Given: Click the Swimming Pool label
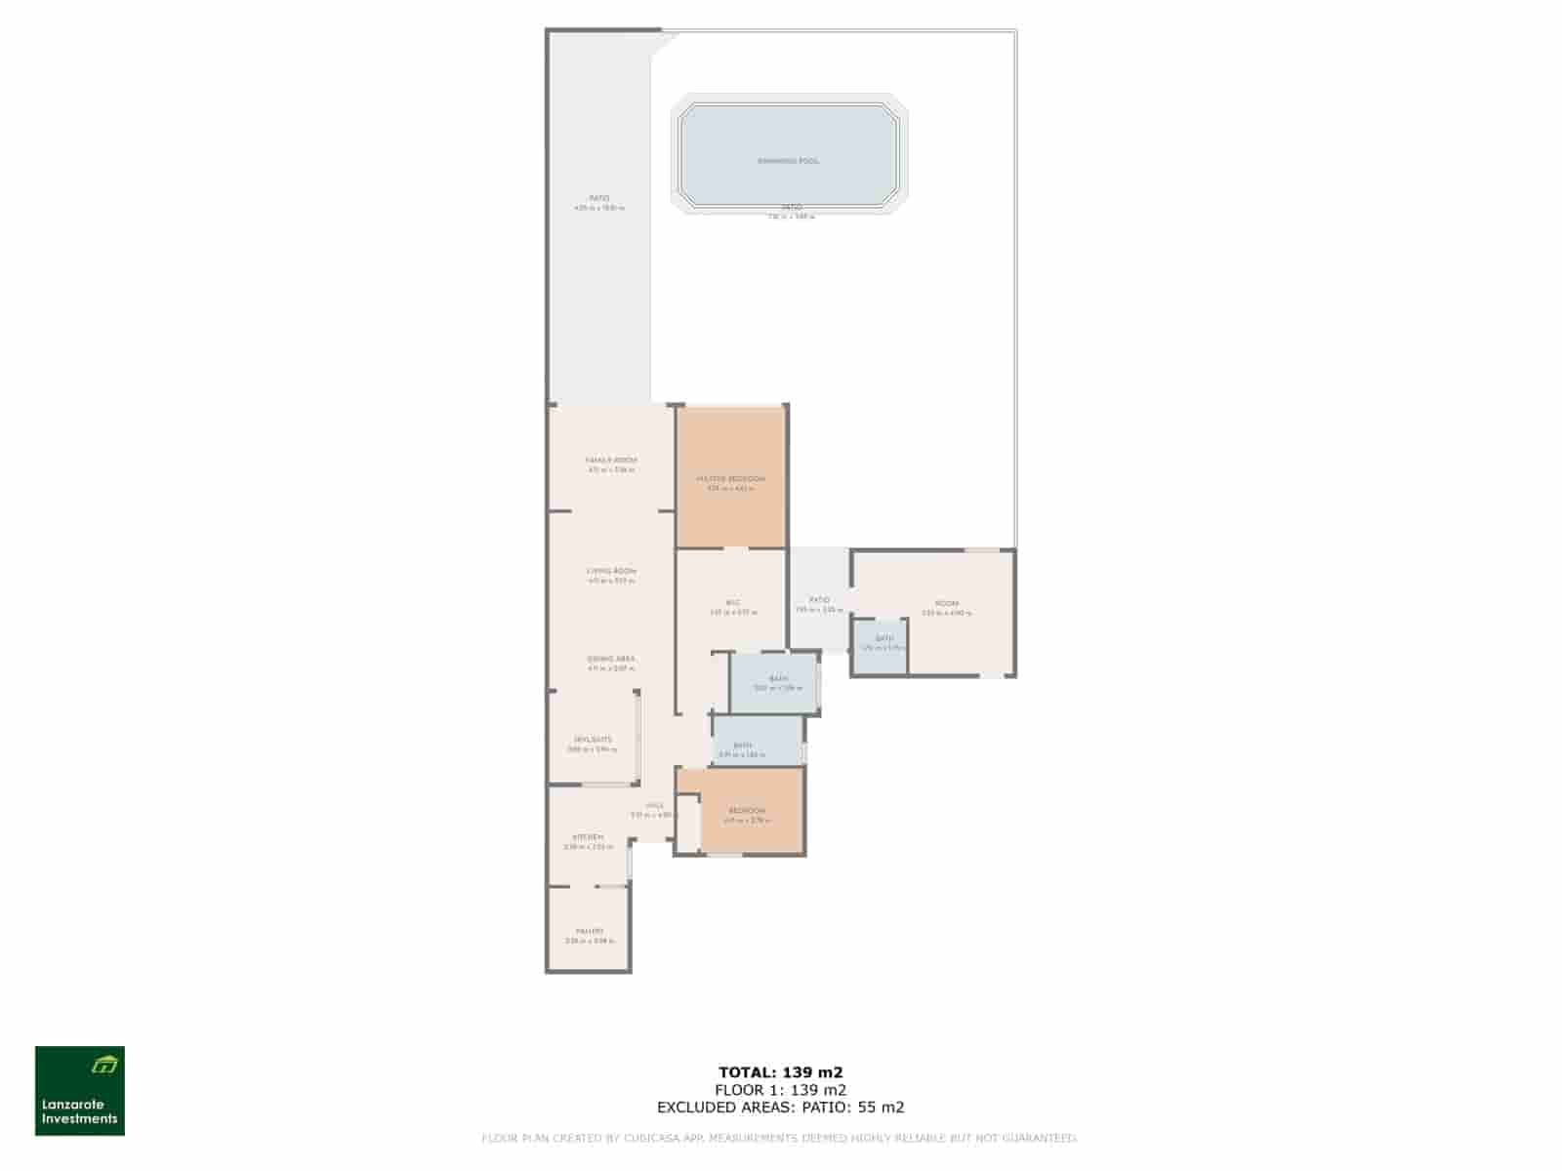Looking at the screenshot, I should [788, 161].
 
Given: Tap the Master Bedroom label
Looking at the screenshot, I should [730, 479].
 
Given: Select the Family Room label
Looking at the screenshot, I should [611, 461].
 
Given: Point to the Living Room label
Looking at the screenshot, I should [611, 572].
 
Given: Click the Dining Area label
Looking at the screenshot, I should [611, 660].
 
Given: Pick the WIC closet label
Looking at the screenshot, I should [733, 603].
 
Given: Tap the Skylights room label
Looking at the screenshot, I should [593, 740].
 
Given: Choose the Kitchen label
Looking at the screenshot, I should [588, 838].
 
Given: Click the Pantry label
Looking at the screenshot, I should [589, 932].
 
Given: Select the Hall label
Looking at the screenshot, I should [653, 806].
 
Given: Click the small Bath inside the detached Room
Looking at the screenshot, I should [884, 639].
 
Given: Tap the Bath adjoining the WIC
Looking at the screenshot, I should [778, 679].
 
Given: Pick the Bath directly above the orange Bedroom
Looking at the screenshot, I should [742, 747].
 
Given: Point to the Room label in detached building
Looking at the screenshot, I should [946, 604].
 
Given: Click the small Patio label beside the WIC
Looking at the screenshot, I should [819, 600].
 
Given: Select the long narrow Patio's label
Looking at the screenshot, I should [598, 198].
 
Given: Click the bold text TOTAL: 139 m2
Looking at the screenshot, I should [780, 1072].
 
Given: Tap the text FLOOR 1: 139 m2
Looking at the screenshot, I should [780, 1090].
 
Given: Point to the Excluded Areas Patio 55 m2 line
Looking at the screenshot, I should [780, 1108].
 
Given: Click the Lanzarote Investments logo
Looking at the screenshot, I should [80, 1091].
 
